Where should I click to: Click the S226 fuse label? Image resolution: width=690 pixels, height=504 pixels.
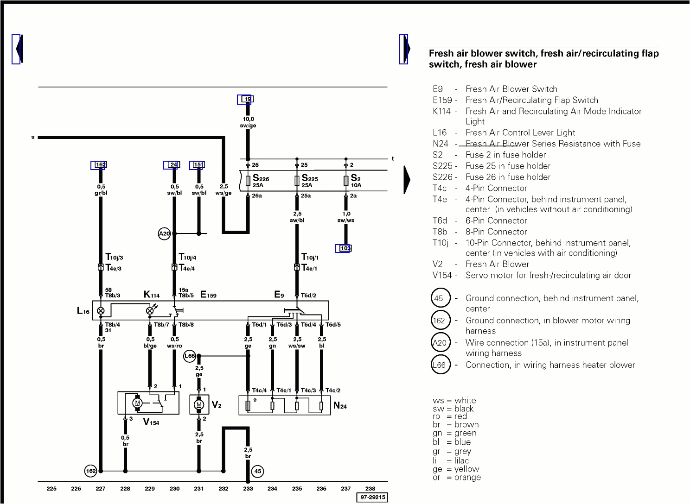[261, 179]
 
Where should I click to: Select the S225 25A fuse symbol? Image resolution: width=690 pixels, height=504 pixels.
[297, 181]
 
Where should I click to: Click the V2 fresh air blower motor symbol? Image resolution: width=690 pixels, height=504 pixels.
[199, 404]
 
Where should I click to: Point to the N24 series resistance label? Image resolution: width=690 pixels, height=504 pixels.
[340, 406]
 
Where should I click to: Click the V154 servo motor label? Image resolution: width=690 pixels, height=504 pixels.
[151, 422]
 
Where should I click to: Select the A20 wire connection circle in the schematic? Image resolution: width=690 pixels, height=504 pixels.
[165, 234]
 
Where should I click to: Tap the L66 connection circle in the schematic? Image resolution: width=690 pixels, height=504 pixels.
[190, 356]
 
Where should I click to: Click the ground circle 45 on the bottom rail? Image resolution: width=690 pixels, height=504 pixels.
[258, 472]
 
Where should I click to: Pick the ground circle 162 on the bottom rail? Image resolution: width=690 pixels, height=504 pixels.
[91, 471]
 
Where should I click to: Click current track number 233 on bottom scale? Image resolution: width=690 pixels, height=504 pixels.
[248, 488]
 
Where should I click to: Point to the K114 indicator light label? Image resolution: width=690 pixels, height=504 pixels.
[152, 295]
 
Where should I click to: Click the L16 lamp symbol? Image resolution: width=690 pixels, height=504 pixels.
[101, 311]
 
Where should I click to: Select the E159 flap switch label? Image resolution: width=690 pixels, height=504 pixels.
[208, 295]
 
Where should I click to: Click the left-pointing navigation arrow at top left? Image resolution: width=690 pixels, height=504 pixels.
[18, 49]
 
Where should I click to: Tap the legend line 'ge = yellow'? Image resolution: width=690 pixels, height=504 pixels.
[456, 469]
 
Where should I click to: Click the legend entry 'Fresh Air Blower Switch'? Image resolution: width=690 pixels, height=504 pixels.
[511, 89]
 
